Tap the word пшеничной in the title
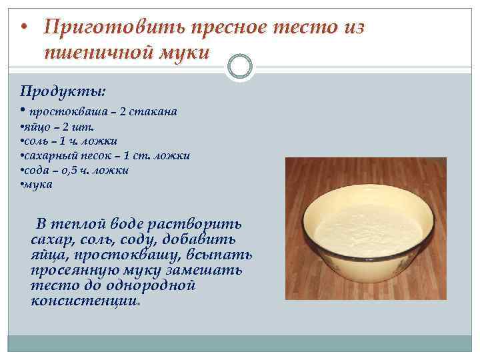click(x=98, y=52)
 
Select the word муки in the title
click(x=184, y=53)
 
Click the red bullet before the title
click(x=24, y=27)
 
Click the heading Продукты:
click(x=63, y=91)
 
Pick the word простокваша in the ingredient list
click(x=68, y=112)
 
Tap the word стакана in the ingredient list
click(x=153, y=111)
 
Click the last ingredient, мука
click(x=38, y=185)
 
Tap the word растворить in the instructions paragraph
click(x=195, y=225)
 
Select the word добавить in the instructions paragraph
click(x=199, y=240)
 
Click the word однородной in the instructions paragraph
click(x=151, y=285)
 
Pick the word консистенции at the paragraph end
click(x=84, y=301)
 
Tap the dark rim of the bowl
click(x=307, y=233)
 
